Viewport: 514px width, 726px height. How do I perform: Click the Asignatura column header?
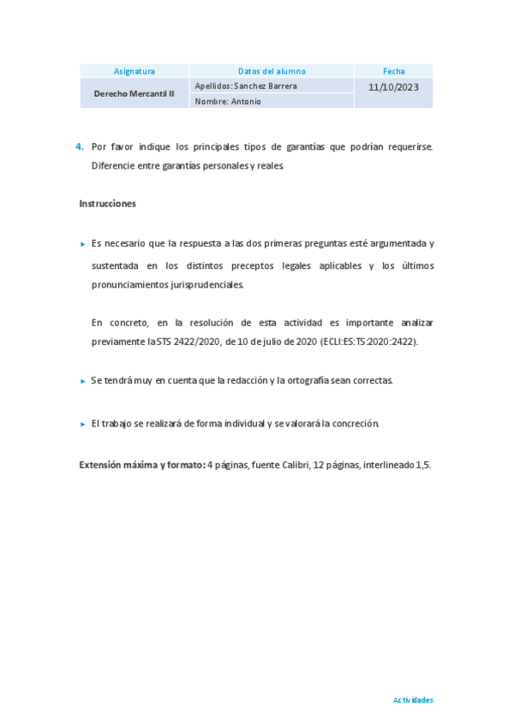(134, 71)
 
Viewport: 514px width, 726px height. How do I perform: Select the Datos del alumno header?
(272, 71)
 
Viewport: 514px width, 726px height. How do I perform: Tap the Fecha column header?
(394, 71)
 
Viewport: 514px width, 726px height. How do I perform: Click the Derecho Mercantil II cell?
(134, 93)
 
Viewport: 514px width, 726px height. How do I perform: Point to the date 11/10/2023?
(394, 86)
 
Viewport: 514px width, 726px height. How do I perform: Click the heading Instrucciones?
(107, 204)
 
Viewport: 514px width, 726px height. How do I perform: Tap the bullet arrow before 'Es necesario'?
(82, 244)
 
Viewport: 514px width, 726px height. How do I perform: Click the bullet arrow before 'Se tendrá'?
(82, 381)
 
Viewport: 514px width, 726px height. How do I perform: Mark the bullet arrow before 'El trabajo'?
(82, 424)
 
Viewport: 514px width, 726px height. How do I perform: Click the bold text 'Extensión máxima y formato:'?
(142, 465)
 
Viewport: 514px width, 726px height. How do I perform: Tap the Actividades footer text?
(413, 699)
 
